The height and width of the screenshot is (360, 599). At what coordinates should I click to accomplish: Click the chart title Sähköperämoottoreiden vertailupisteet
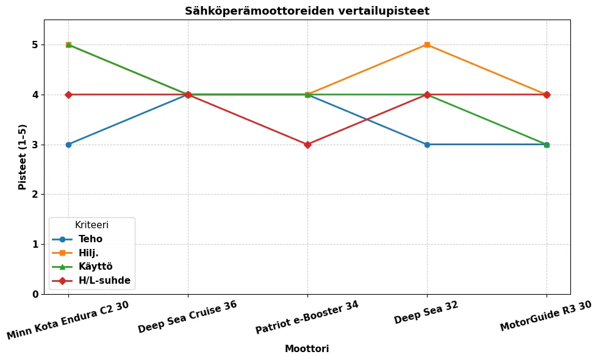(307, 11)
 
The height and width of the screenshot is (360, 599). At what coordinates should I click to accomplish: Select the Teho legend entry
(90, 239)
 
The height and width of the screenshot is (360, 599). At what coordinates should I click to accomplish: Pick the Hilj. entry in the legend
(88, 253)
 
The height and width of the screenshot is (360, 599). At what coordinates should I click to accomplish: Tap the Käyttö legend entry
(95, 267)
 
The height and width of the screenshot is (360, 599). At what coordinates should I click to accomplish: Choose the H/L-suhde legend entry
(104, 281)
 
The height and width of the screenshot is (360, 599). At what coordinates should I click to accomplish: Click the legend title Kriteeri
(91, 225)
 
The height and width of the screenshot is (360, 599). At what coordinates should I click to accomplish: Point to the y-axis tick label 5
(35, 45)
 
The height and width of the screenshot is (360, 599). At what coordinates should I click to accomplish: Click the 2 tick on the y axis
(35, 195)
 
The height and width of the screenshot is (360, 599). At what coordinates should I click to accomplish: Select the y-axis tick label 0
(35, 294)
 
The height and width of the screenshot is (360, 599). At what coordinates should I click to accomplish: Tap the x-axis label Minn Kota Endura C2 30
(68, 320)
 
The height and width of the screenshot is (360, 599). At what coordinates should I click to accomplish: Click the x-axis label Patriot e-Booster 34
(307, 317)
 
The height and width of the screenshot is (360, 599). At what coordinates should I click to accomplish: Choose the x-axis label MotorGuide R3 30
(546, 316)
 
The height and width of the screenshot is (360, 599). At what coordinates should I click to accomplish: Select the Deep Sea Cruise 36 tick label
(187, 317)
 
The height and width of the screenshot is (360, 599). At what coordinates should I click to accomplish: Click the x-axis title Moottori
(307, 349)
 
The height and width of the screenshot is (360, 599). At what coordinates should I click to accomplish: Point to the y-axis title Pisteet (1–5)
(23, 157)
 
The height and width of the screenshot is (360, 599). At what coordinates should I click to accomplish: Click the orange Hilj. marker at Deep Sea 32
(427, 45)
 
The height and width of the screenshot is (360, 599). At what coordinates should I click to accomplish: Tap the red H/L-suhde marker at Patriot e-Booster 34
(307, 145)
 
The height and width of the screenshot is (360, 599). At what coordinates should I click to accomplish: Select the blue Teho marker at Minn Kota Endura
(68, 145)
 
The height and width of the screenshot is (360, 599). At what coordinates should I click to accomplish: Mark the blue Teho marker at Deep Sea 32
(427, 145)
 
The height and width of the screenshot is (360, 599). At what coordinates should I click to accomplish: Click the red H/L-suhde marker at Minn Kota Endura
(68, 95)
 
